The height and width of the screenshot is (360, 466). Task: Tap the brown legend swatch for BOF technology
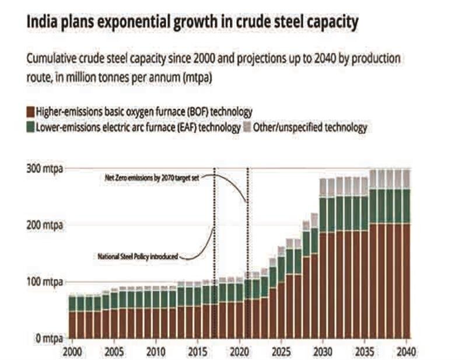pos(30,110)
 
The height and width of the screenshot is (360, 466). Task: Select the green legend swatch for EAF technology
pos(30,127)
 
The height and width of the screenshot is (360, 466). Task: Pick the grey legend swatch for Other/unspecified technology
pos(246,127)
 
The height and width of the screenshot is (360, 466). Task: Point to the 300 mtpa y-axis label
pos(44,169)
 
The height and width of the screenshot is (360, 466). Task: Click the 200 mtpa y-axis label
pos(44,225)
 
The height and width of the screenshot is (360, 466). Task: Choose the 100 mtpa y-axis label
pos(44,282)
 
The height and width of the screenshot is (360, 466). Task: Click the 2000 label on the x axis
pos(73,351)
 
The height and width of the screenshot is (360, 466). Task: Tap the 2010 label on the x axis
pos(155,351)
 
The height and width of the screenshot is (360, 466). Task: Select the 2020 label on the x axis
pos(239,351)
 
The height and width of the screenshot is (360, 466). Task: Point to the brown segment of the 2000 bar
pos(73,324)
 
